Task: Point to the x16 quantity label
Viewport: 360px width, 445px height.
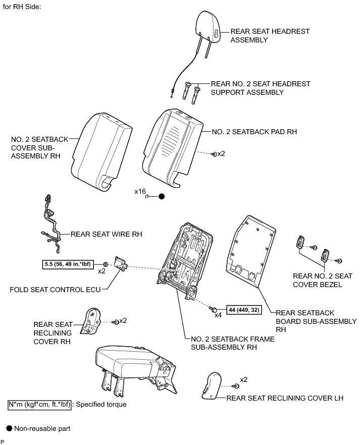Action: [x=140, y=192]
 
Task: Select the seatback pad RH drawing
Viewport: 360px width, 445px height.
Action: [x=172, y=144]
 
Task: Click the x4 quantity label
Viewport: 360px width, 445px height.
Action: [x=218, y=315]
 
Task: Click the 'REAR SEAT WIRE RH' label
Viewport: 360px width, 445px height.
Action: [x=107, y=234]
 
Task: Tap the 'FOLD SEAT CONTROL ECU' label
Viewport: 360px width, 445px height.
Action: [x=55, y=290]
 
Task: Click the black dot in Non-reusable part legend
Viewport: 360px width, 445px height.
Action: [x=9, y=428]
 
